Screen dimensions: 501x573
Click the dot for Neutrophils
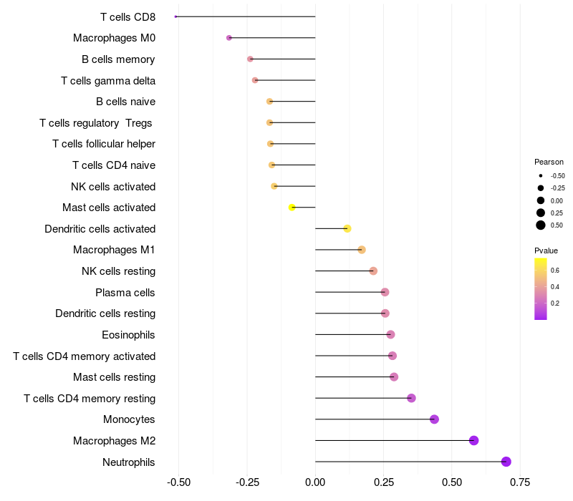pos(506,462)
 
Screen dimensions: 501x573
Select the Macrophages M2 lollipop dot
pos(473,440)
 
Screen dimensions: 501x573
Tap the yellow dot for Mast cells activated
pos(292,208)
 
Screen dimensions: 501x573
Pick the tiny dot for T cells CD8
pos(175,16)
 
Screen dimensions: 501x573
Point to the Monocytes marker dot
pos(434,419)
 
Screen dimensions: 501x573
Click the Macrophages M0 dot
pos(229,38)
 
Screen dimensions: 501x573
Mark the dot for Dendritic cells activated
pos(347,229)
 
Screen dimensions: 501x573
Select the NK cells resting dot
pos(373,271)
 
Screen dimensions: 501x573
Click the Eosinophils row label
pos(128,335)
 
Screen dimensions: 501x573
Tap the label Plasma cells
pos(125,293)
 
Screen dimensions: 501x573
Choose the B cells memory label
pos(118,59)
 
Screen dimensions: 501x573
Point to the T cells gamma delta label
pos(108,81)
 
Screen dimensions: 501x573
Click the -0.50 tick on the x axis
pos(178,482)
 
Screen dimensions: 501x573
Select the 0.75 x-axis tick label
pos(520,482)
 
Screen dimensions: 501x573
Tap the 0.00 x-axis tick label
pos(315,482)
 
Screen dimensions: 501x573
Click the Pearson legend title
pos(549,162)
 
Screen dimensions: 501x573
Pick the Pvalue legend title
pos(546,250)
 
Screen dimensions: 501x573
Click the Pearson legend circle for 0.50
pos(541,225)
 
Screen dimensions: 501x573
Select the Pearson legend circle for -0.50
pos(541,175)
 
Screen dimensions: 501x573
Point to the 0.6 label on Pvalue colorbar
pos(555,271)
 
